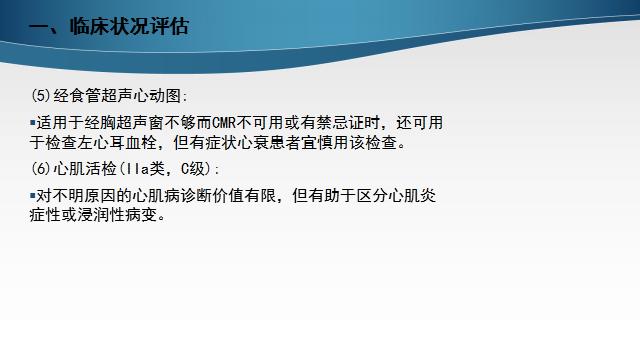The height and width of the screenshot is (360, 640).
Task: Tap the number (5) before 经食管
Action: [40, 97]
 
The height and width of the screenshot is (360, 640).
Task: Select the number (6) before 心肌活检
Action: [40, 168]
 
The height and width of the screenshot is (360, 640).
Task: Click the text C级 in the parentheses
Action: [191, 168]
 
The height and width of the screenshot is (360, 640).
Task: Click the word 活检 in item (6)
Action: [100, 168]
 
